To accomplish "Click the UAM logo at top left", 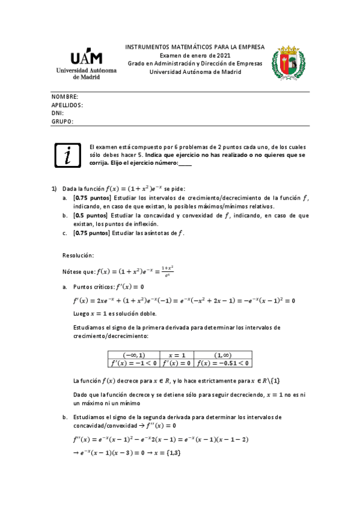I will tap(87, 64).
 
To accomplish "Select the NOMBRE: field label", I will tap(65, 97).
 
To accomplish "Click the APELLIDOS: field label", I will tap(67, 105).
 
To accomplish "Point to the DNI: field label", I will tap(58, 112).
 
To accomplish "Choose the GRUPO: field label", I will tap(63, 121).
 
